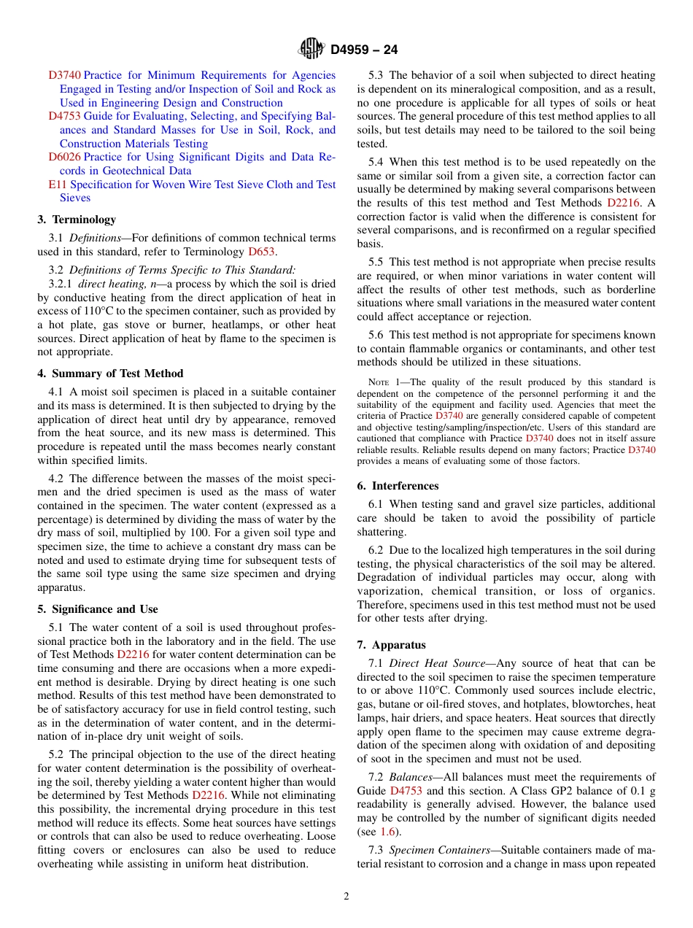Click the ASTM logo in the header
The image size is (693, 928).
point(311,50)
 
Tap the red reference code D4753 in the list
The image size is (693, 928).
point(64,116)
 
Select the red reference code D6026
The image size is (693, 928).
point(64,157)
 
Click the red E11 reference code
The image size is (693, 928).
point(57,185)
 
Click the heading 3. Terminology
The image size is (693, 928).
point(77,220)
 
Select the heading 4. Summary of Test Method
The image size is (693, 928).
point(110,374)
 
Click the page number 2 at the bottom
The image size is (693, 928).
point(346,897)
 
